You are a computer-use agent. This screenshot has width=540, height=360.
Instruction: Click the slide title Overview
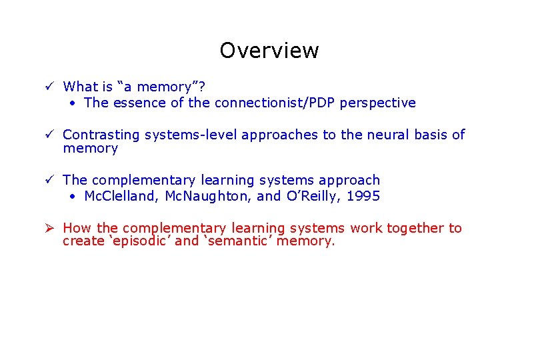[269, 51]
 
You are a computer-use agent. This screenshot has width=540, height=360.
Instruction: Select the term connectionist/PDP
[273, 103]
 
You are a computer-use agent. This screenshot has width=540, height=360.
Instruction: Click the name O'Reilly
[313, 196]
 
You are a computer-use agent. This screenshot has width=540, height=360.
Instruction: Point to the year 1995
[363, 196]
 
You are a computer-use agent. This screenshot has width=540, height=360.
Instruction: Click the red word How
[77, 228]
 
